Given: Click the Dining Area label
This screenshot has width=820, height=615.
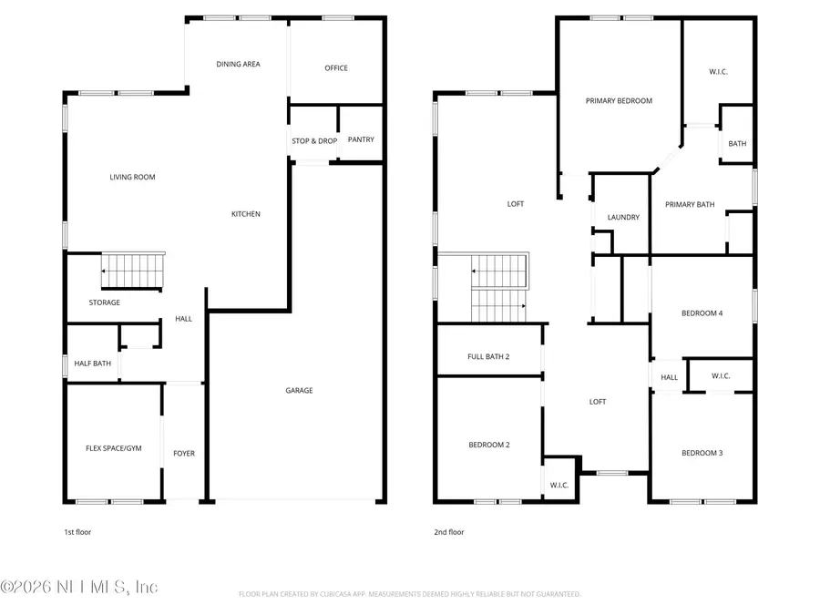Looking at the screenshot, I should click(238, 65).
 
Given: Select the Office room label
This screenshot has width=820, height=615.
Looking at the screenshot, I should click(336, 68).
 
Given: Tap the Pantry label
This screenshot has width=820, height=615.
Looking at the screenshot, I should click(361, 139).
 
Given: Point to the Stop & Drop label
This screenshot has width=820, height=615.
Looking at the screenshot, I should click(314, 141).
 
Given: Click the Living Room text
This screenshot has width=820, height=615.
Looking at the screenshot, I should click(132, 178).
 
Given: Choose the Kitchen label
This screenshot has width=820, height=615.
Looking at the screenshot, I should click(245, 214).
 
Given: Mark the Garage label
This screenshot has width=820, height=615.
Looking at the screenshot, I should click(299, 391).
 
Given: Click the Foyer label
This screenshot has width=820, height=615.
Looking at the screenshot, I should click(184, 454).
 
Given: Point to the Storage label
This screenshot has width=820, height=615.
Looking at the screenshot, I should click(104, 302).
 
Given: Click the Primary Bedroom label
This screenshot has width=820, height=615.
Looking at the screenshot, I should click(619, 101).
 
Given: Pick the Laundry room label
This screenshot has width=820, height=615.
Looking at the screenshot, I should click(623, 218).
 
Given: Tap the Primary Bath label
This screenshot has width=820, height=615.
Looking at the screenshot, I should click(690, 205).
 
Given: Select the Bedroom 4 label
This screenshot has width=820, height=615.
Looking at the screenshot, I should click(702, 314).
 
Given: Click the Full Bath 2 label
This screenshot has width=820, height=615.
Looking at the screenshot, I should click(488, 356).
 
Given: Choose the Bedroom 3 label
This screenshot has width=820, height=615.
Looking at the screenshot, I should click(702, 454).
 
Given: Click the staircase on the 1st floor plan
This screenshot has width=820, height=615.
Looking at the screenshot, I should click(134, 271).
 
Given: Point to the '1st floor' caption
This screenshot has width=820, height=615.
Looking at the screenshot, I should click(77, 532).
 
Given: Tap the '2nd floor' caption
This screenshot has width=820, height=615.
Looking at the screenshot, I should click(449, 532).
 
